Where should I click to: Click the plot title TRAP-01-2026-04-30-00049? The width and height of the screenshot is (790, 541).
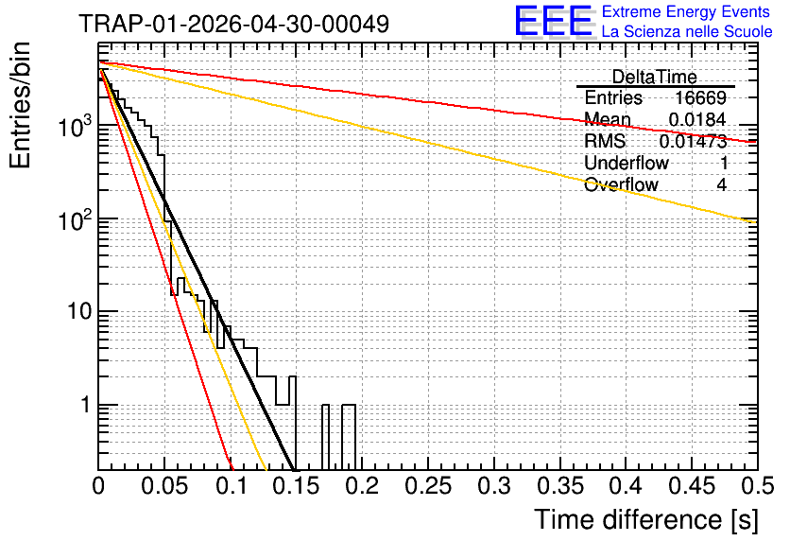tap(234, 24)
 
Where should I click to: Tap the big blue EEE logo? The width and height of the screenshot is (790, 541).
tap(554, 21)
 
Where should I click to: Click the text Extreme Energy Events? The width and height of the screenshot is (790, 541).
tap(686, 11)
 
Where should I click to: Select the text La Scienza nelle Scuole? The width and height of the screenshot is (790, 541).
tap(687, 31)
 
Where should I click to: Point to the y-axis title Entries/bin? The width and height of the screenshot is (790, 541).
tap(20, 106)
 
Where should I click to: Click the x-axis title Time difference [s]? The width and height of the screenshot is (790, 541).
tap(646, 519)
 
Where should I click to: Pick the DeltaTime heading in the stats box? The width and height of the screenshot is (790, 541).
tap(655, 77)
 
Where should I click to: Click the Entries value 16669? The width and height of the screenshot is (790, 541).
tap(700, 97)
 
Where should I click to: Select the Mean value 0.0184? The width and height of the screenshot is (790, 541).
tap(697, 119)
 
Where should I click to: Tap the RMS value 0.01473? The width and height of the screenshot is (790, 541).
tap(694, 141)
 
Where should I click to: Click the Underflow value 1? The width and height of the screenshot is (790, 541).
tap(724, 163)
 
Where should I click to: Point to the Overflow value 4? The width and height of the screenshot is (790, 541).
tap(722, 184)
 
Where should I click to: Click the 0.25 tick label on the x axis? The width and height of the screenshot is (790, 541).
tap(428, 486)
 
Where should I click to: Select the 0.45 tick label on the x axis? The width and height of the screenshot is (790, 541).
tap(693, 486)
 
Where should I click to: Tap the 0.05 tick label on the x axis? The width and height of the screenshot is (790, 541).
tap(164, 486)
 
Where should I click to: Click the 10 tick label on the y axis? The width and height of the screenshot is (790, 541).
tap(80, 311)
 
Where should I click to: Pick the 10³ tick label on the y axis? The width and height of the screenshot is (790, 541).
tap(76, 126)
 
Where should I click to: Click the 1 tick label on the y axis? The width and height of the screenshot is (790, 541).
tap(87, 405)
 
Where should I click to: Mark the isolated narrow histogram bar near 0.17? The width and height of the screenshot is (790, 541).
tap(325, 437)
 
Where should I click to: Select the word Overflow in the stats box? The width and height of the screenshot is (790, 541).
tap(621, 184)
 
